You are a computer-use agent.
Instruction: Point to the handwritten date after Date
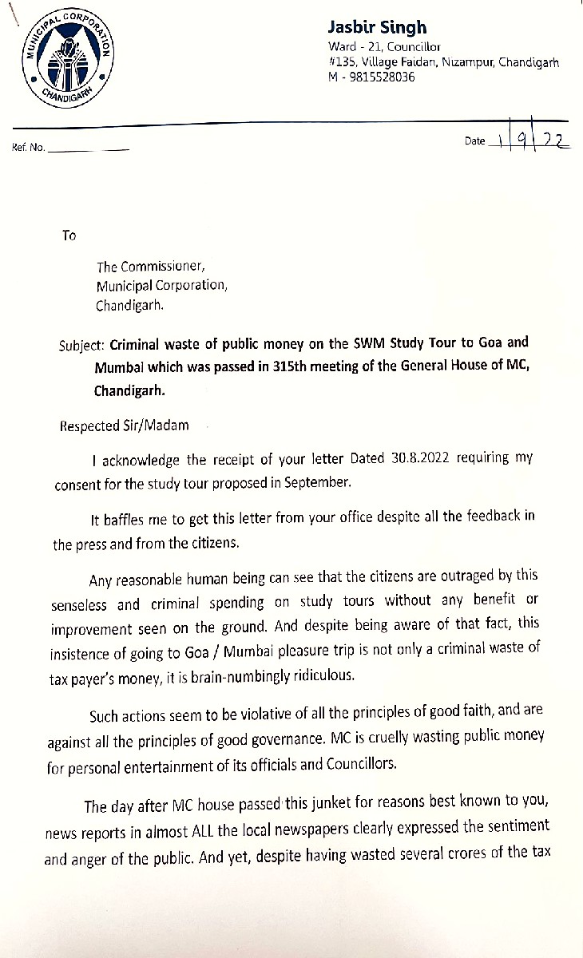tap(531, 141)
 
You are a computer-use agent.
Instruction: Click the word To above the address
tap(69, 236)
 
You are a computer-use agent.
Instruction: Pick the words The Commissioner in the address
tap(141, 267)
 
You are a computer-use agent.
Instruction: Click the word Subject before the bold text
tap(82, 346)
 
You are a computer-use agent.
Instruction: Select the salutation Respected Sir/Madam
tap(125, 426)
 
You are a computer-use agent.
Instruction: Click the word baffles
tap(122, 517)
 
